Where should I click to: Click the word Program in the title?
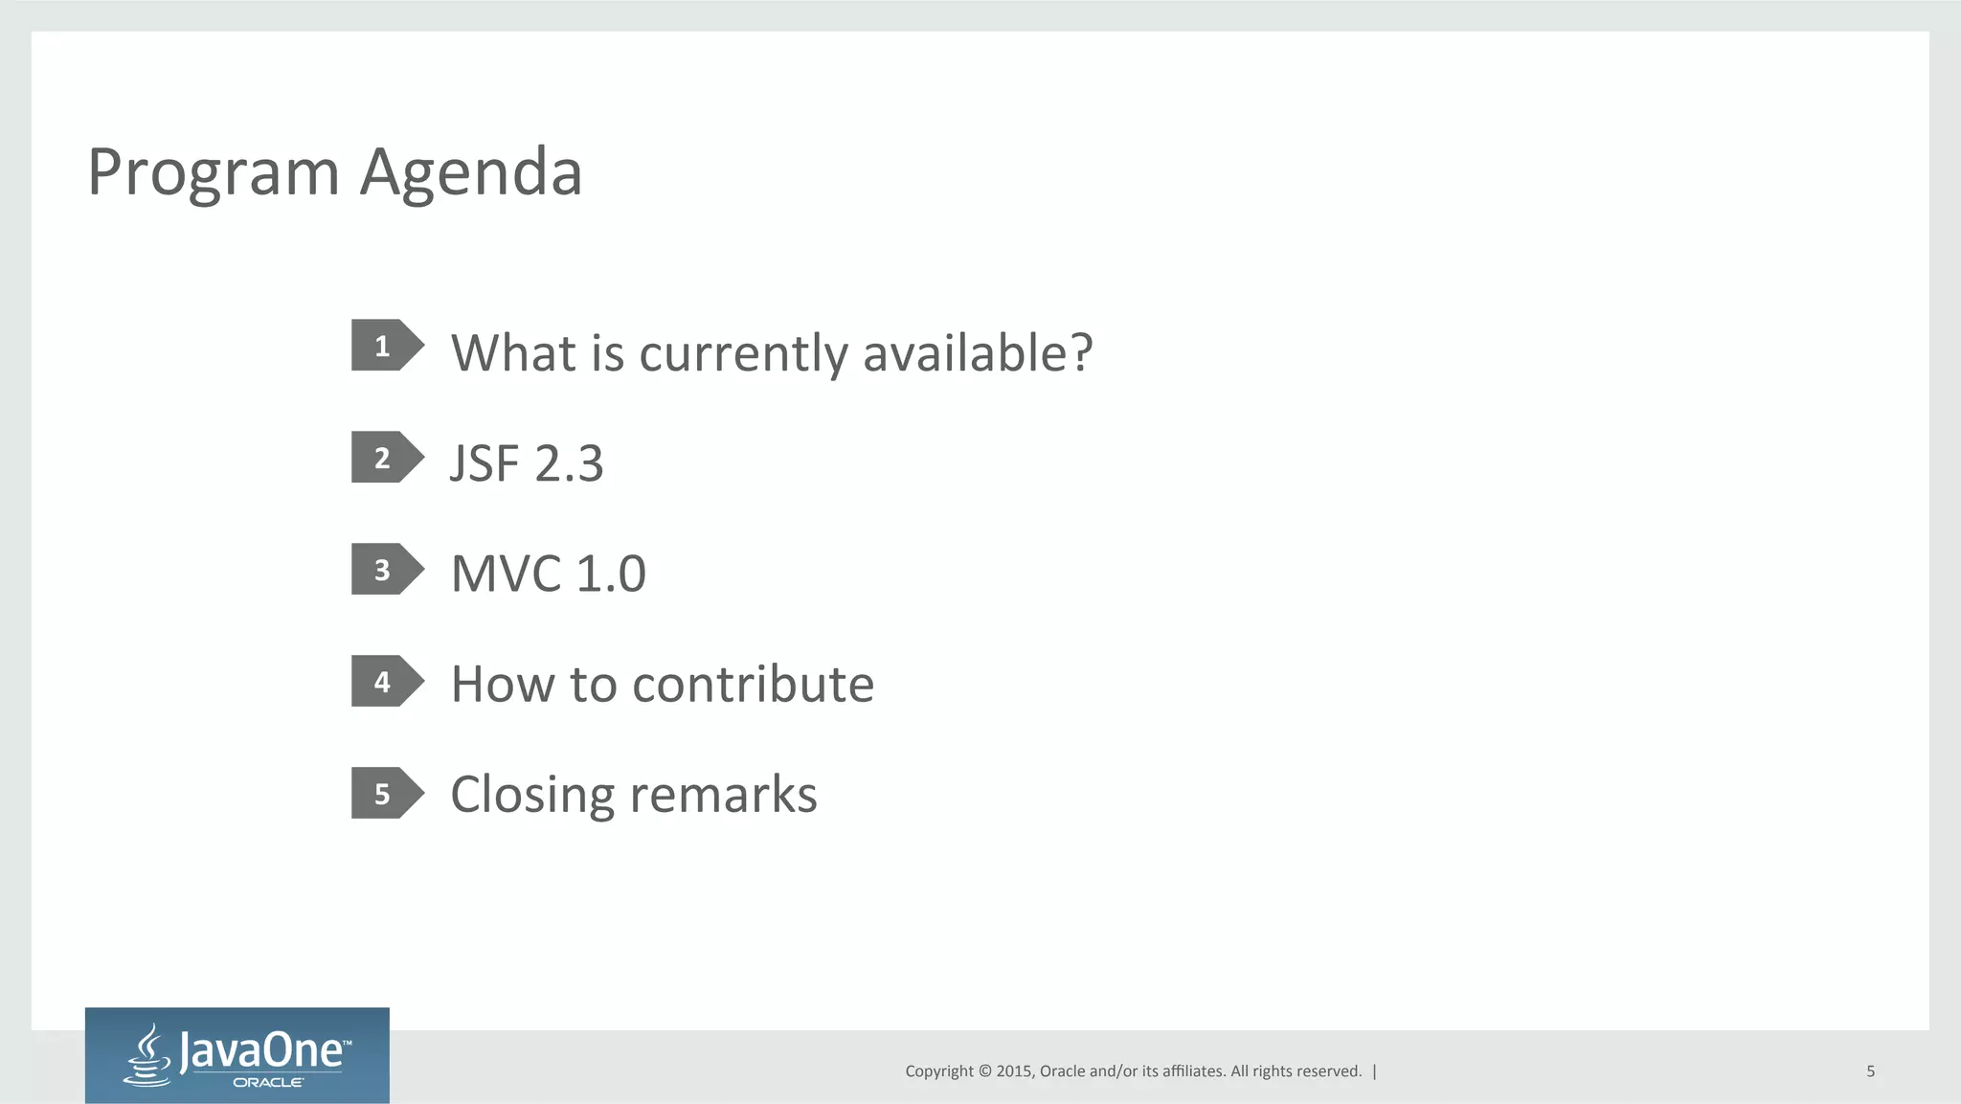(x=213, y=173)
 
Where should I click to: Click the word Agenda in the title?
(x=470, y=173)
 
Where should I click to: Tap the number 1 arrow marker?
(x=386, y=346)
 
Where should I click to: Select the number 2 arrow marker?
(x=386, y=458)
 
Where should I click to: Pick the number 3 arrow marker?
(x=386, y=570)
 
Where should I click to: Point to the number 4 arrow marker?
(x=386, y=682)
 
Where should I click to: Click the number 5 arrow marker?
(x=386, y=794)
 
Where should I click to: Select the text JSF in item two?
(x=485, y=463)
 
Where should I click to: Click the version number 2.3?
(x=569, y=463)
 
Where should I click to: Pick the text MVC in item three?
(x=506, y=574)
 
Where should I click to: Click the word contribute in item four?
(x=753, y=684)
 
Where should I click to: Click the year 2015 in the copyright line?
(x=1013, y=1071)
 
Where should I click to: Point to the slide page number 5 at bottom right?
(x=1870, y=1071)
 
